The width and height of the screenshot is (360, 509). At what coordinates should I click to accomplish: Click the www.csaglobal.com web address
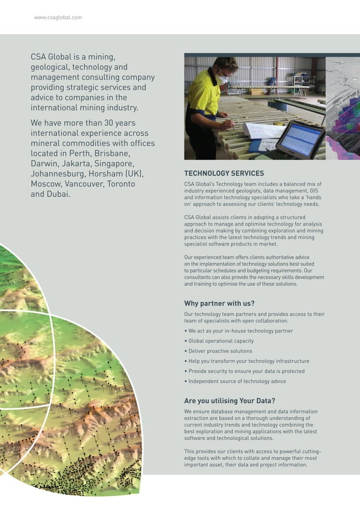pos(58,17)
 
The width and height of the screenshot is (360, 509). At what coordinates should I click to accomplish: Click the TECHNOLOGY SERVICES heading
pos(224,173)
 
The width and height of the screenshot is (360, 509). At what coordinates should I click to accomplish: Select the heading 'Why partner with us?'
pos(219,303)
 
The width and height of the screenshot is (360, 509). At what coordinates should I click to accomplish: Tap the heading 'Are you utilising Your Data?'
pos(230,401)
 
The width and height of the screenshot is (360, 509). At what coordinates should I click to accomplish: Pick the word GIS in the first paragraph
pos(314,191)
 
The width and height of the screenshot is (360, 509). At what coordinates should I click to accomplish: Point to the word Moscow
pos(46,184)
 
